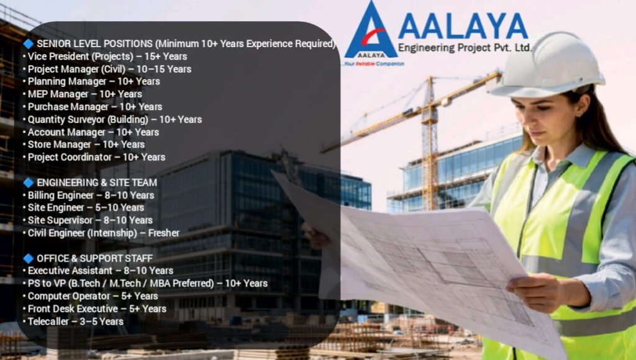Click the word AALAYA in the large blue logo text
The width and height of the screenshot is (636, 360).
(463, 25)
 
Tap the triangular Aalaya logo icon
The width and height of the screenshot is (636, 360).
(371, 32)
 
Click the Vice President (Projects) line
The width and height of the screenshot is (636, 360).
(107, 56)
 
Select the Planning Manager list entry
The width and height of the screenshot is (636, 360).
(94, 81)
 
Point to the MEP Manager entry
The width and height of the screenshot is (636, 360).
(84, 94)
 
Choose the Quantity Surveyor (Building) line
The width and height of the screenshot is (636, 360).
(115, 119)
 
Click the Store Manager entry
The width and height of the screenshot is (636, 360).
(86, 145)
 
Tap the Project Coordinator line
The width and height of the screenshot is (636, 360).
(96, 157)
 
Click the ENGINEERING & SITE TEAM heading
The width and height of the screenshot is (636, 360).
(96, 182)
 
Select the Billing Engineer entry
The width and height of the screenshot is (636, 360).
(91, 195)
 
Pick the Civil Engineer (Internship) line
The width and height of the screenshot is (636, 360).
(103, 233)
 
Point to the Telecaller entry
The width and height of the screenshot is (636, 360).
(75, 321)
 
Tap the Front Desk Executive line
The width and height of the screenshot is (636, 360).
(97, 308)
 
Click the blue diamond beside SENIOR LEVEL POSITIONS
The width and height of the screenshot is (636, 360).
(28, 43)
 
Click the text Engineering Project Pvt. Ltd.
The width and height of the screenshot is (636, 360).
(465, 48)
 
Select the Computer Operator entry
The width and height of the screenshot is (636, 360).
(93, 296)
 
